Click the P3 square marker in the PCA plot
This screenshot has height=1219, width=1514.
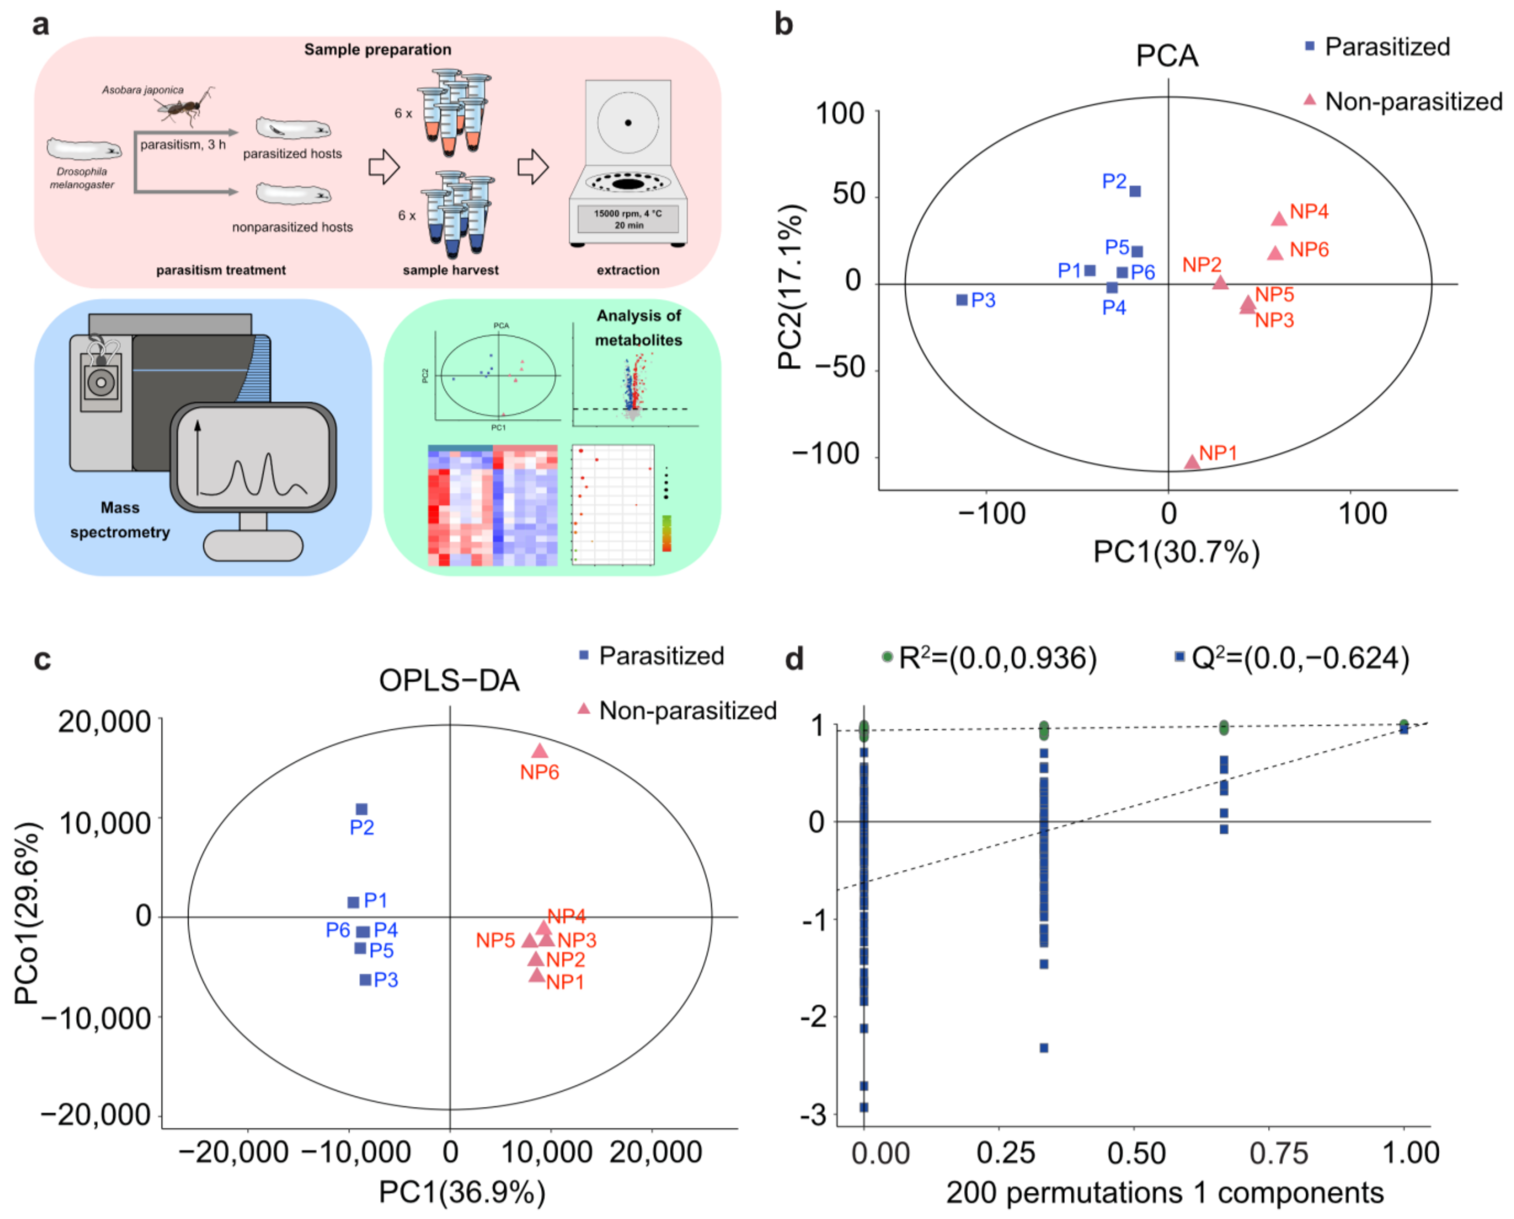point(962,300)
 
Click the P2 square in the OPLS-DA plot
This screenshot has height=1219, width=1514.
point(362,810)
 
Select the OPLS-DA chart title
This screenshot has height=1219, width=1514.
point(449,680)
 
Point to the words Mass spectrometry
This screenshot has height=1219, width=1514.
point(120,520)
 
